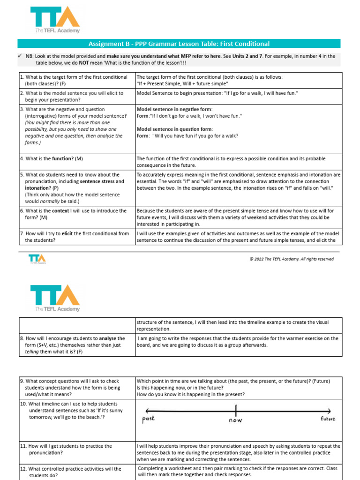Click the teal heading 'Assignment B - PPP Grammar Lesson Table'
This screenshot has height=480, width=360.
click(179, 44)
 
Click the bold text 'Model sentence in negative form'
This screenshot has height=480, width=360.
click(174, 109)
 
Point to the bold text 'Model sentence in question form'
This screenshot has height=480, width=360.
click(174, 129)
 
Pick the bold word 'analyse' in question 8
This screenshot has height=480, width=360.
click(114, 338)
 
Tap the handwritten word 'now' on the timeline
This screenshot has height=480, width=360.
click(235, 420)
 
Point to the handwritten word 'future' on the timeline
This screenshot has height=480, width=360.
click(328, 419)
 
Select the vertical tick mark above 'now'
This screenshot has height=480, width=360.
click(236, 409)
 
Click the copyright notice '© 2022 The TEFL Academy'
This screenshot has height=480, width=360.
click(292, 259)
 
